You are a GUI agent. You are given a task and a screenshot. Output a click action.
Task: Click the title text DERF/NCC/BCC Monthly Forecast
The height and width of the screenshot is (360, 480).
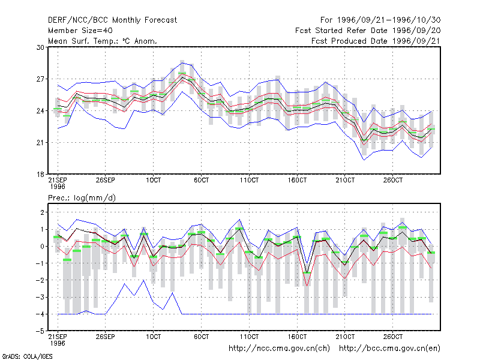[112, 20]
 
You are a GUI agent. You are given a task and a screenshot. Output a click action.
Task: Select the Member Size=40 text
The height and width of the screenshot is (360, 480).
[80, 31]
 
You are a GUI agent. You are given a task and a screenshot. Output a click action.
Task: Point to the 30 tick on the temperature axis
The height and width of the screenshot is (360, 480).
[40, 47]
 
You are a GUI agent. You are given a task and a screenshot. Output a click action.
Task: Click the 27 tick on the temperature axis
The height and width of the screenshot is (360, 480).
[40, 79]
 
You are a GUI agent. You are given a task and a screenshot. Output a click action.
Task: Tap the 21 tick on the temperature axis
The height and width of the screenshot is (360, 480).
[40, 143]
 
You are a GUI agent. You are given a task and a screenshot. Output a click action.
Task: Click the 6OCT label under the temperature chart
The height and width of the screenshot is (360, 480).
[202, 180]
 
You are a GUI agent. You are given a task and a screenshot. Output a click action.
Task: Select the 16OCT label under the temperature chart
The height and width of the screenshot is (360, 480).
[297, 180]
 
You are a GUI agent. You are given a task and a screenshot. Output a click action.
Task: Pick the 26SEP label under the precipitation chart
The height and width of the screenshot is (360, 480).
[106, 337]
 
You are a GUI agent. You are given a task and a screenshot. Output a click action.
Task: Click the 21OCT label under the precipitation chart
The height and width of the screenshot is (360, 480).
[345, 337]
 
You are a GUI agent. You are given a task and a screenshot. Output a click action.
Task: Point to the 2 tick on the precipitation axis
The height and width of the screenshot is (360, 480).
[42, 212]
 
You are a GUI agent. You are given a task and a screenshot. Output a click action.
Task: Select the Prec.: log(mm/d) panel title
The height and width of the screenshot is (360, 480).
[82, 198]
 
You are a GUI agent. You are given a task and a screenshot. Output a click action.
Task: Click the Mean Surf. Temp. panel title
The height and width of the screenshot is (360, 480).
[103, 41]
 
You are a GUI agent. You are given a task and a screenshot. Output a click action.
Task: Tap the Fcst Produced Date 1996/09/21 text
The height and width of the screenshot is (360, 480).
[376, 41]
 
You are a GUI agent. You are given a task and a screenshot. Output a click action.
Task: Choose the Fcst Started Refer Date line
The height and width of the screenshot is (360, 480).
[368, 31]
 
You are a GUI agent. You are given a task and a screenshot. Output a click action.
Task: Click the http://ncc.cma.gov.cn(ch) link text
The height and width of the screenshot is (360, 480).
[279, 349]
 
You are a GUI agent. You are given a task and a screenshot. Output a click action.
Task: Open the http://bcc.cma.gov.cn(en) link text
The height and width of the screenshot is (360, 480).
[389, 349]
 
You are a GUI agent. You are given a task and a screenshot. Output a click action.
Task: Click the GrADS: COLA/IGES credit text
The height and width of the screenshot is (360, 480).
[27, 356]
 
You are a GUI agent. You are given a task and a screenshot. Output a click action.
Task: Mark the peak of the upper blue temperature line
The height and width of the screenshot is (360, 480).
[182, 63]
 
